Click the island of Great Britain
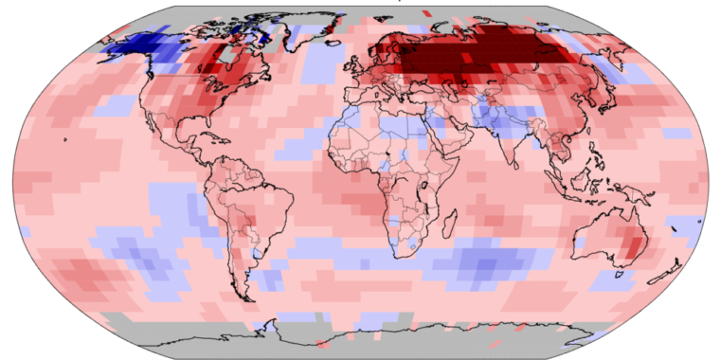point(348,64)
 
